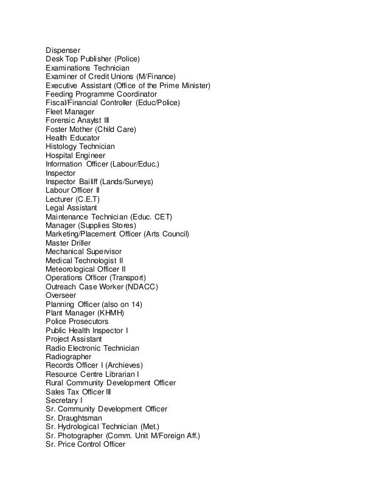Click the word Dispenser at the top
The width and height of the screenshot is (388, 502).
(63, 49)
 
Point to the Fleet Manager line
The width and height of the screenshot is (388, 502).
(70, 112)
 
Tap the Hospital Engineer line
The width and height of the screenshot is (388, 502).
(75, 156)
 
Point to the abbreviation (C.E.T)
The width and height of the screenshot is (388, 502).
(86, 199)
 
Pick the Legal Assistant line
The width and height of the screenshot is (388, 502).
(71, 208)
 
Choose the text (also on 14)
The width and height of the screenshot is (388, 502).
(123, 304)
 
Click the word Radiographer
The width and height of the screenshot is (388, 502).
(68, 357)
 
